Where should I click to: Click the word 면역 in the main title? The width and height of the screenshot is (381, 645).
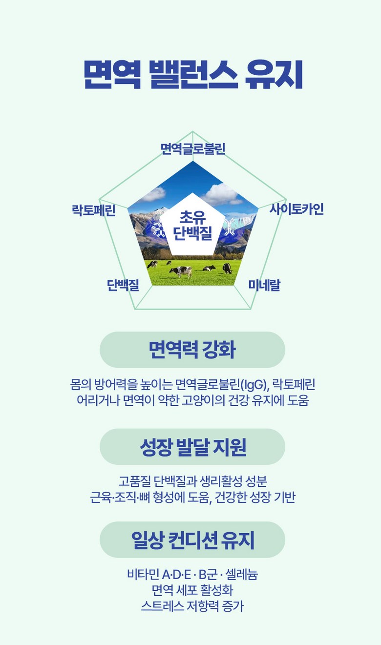pos(113,74)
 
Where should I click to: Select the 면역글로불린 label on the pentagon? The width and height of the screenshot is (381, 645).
pos(192,149)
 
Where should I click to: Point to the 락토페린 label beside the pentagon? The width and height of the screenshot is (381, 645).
pos(94,210)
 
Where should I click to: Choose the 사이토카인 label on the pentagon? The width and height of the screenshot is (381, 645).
pos(296,209)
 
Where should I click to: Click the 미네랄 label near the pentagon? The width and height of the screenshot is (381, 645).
pos(264,285)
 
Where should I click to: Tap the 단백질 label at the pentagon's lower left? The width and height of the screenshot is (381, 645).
pos(123,285)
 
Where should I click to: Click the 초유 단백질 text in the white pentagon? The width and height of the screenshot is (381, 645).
pos(192,225)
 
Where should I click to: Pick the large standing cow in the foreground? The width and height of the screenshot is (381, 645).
pos(181,271)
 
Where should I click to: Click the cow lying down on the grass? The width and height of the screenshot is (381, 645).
pos(209,268)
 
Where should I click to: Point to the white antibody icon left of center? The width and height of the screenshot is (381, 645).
pos(158,228)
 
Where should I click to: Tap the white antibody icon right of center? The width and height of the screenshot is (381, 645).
pos(229,227)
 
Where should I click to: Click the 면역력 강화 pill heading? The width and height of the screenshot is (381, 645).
pos(192,350)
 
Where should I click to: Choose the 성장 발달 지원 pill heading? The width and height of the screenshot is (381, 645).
pos(192,447)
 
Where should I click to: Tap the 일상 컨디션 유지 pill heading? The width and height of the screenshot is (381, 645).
pos(192,540)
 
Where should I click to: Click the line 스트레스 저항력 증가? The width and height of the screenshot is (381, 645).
pos(192,606)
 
